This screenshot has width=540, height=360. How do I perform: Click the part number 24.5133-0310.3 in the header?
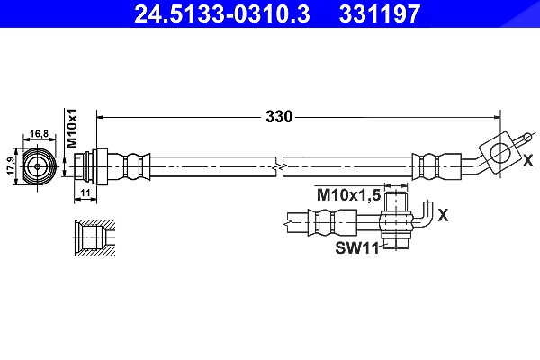click(221, 13)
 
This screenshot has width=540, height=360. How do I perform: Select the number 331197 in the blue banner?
click(380, 13)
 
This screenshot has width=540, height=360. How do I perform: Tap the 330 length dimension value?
click(279, 117)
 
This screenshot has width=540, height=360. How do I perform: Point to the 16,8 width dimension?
click(39, 134)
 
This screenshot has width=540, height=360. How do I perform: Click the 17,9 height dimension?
click(11, 166)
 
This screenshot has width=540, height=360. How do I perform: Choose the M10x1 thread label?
click(72, 128)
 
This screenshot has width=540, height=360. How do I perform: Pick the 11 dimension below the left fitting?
click(85, 193)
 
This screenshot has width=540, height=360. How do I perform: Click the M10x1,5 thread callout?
click(348, 195)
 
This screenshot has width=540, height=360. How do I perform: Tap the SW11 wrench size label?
click(357, 247)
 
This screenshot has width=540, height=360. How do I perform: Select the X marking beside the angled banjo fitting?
click(528, 160)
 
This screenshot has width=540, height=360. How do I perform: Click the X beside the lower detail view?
click(443, 215)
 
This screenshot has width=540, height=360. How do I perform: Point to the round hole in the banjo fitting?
click(499, 153)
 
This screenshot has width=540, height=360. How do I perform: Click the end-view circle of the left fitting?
click(38, 166)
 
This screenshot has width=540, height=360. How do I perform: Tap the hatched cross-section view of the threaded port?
click(94, 238)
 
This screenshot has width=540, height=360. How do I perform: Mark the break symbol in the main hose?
click(279, 166)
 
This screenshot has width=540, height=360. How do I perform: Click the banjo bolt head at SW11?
click(395, 242)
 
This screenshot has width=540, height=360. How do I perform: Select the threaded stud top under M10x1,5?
click(396, 202)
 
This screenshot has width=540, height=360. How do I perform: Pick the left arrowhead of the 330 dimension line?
click(101, 117)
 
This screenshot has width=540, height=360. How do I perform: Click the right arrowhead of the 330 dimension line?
click(497, 117)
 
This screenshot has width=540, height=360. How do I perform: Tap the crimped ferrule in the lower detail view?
click(332, 222)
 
